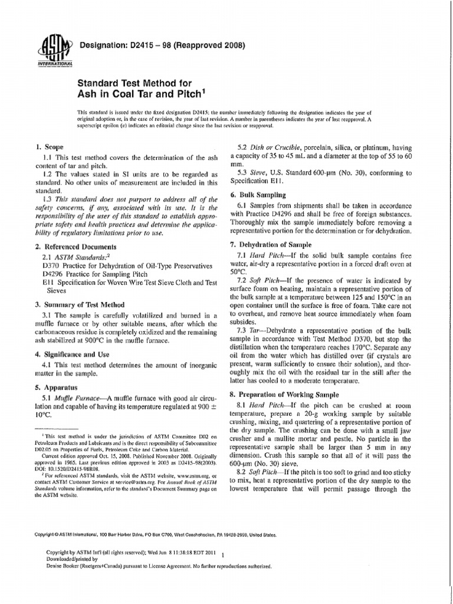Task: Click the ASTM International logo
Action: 54,50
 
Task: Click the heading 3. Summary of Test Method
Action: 80,304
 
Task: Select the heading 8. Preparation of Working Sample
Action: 291,393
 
